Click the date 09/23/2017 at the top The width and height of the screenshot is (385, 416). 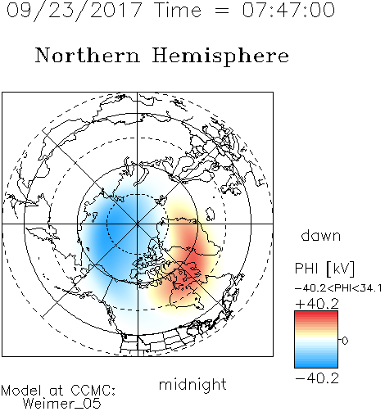[x=74, y=11]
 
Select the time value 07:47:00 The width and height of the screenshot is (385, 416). [x=288, y=10]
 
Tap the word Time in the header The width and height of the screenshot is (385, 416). [x=178, y=10]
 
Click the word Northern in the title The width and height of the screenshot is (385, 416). [x=88, y=56]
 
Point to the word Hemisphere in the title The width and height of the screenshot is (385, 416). [x=220, y=57]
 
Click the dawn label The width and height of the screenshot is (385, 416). [x=321, y=236]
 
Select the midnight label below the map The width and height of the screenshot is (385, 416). [x=192, y=384]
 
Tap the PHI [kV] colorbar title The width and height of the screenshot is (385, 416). [x=324, y=269]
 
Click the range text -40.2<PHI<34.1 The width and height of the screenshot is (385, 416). [x=338, y=288]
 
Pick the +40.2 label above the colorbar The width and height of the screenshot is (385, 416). [x=317, y=304]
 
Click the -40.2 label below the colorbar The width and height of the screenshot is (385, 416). [x=317, y=378]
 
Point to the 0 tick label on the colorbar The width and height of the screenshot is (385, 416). [x=345, y=341]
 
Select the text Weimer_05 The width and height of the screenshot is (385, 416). [x=62, y=404]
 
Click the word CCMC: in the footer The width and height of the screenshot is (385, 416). [x=93, y=391]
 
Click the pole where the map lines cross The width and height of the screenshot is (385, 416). [x=138, y=224]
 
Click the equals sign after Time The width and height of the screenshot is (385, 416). [x=222, y=11]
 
